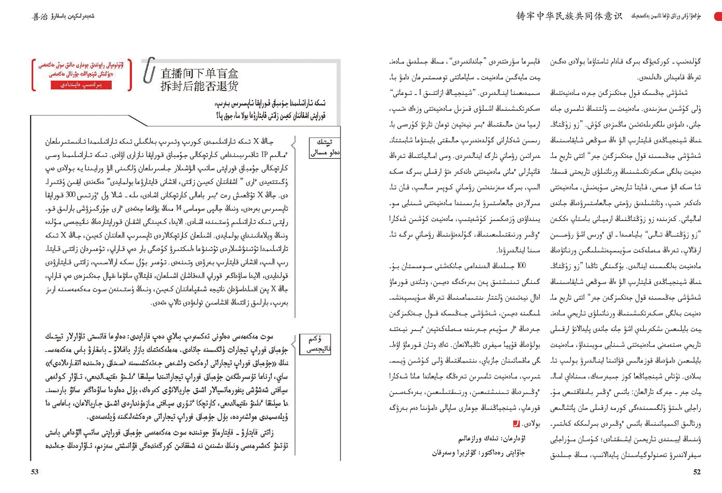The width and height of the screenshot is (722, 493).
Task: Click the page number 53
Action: tap(34, 472)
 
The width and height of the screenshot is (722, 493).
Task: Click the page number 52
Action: tap(697, 472)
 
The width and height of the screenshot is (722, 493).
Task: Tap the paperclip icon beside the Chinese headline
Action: tap(149, 70)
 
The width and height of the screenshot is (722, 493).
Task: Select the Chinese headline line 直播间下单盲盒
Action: tap(199, 74)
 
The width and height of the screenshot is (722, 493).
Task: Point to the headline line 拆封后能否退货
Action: tap(199, 86)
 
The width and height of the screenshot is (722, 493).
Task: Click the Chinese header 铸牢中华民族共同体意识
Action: tap(569, 16)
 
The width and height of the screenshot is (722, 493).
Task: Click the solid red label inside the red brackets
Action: tap(81, 85)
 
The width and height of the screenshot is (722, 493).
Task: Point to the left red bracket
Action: tap(34, 75)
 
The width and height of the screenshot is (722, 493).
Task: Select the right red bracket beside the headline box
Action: tap(130, 75)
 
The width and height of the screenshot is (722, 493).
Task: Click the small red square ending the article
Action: tap(516, 423)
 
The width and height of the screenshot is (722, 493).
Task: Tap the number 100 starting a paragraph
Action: tap(521, 266)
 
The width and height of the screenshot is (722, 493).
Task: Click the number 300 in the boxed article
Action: tap(70, 195)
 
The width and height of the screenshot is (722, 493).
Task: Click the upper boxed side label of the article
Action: tap(325, 148)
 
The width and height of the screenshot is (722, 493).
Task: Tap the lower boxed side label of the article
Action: tap(315, 344)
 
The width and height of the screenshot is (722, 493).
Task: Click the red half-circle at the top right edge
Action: tap(718, 16)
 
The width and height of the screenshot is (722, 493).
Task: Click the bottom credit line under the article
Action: tap(479, 453)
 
